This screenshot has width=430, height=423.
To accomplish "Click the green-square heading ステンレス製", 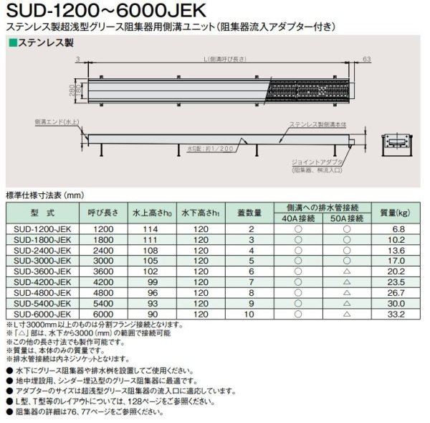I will (44, 43).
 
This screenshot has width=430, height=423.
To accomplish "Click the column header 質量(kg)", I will (394, 213).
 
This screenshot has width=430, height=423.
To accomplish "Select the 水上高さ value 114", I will (149, 228).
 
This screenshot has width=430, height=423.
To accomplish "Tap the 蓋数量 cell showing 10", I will (251, 313).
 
